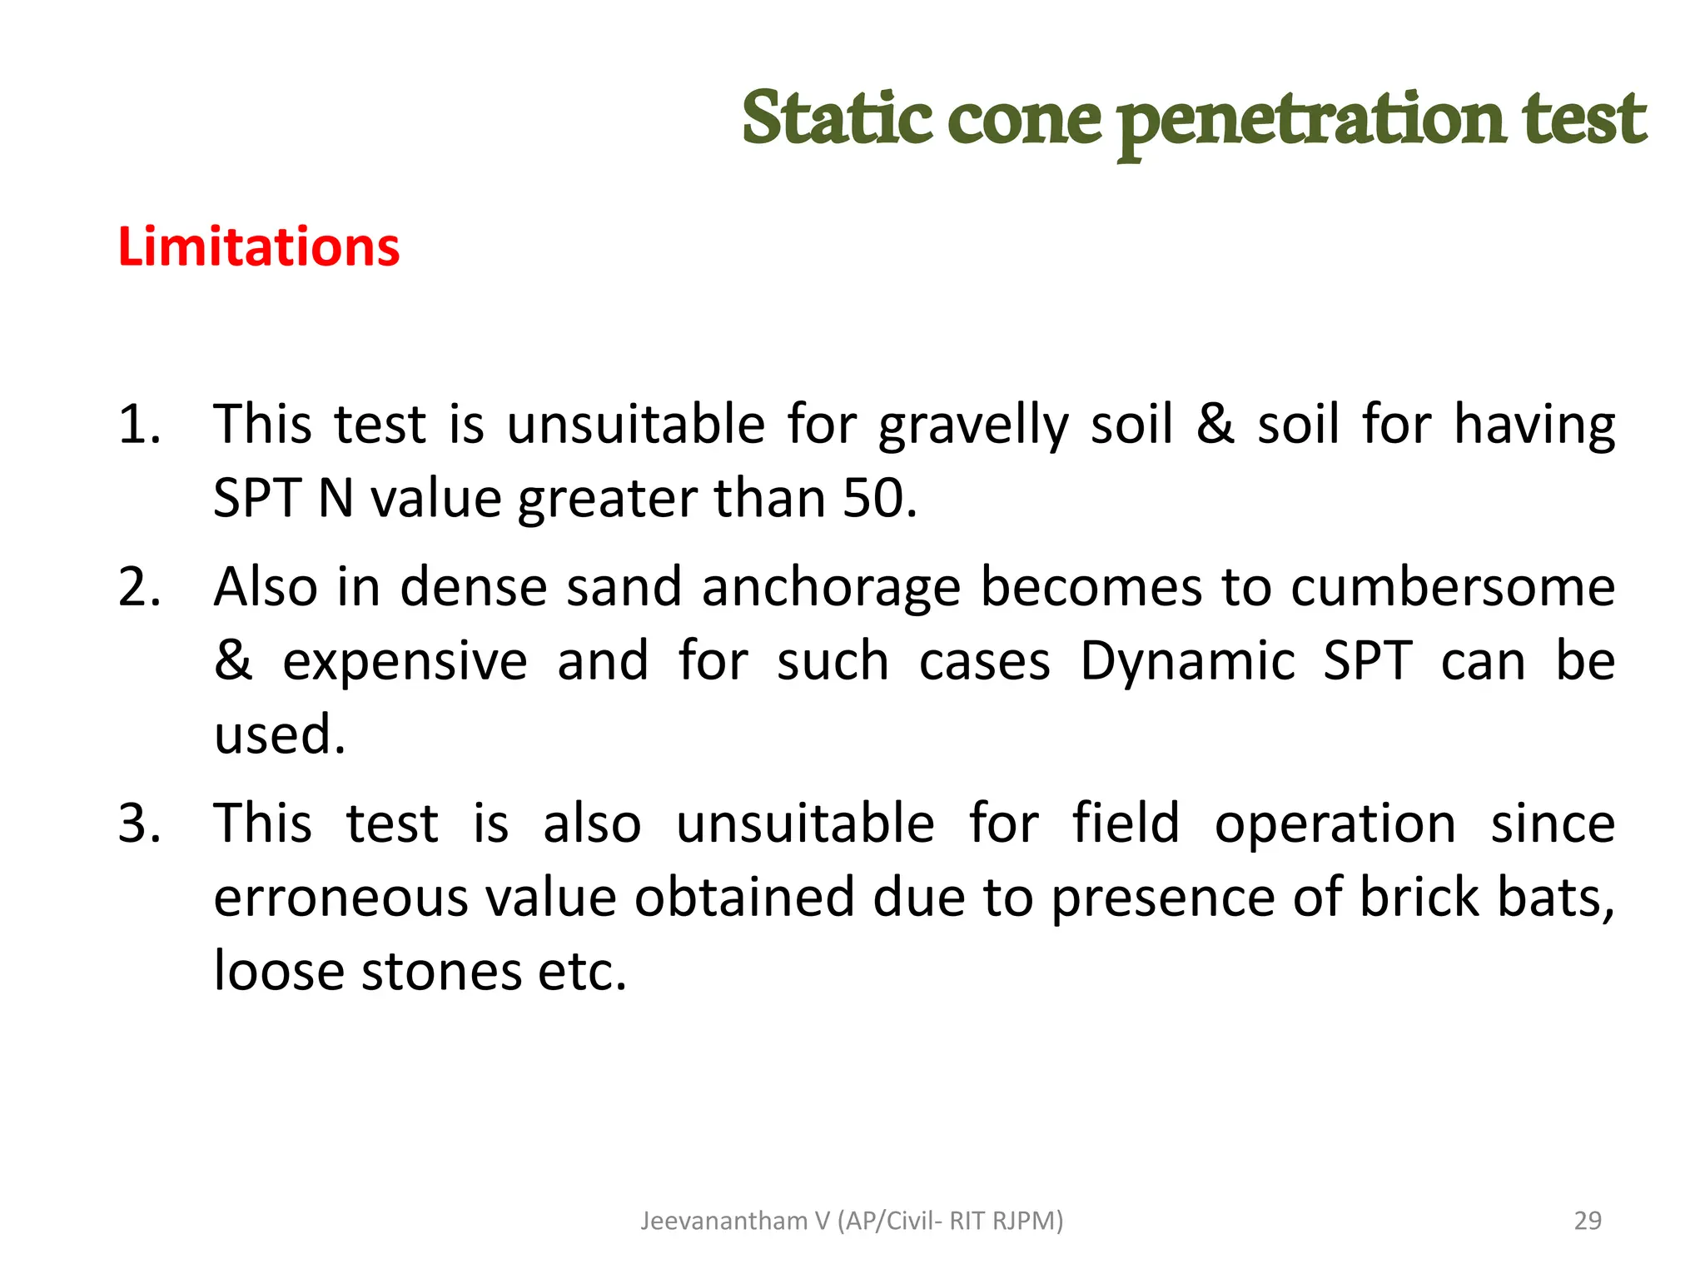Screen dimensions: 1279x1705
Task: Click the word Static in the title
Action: click(x=836, y=118)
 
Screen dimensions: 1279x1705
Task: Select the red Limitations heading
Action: click(x=259, y=247)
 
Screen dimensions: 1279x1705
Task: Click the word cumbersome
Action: click(x=1453, y=587)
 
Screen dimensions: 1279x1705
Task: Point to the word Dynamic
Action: click(x=1188, y=662)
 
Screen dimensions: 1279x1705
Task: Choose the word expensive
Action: click(x=405, y=662)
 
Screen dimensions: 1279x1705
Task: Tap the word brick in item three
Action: click(x=1419, y=898)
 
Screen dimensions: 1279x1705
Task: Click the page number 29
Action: click(x=1588, y=1221)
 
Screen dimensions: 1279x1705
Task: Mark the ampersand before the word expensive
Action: click(x=232, y=661)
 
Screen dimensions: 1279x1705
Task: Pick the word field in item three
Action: click(x=1126, y=823)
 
